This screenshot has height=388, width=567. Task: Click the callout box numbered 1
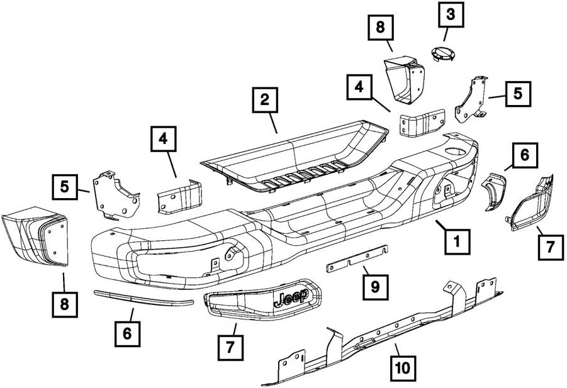(457, 240)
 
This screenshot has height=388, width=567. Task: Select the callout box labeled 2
(265, 100)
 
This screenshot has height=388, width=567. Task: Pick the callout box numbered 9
(375, 287)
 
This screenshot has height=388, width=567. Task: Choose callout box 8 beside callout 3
(381, 28)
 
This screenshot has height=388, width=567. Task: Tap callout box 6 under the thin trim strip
(127, 333)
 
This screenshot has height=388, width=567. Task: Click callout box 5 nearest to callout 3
(517, 94)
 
